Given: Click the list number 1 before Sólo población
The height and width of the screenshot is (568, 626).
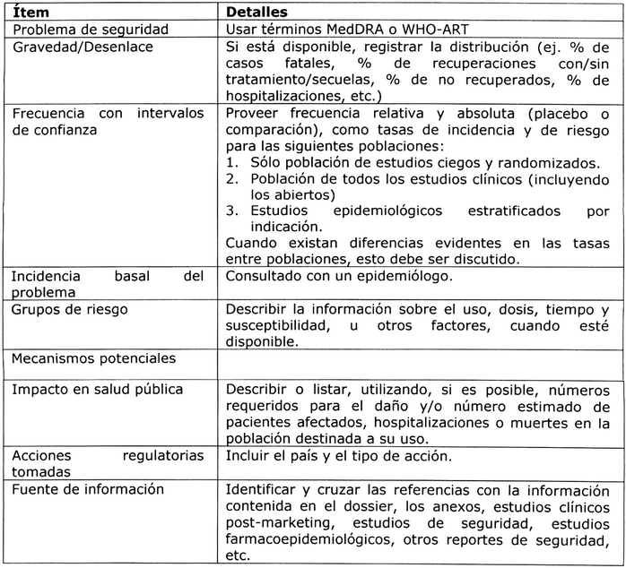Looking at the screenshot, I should tap(230, 162).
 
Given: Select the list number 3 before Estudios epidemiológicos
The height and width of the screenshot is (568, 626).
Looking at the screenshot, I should tap(230, 211).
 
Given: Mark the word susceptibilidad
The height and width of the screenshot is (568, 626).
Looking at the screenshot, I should tap(277, 326).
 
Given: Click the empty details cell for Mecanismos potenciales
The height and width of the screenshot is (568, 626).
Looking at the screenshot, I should tap(422, 362).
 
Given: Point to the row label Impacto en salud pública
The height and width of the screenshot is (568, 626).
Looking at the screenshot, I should tap(97, 390).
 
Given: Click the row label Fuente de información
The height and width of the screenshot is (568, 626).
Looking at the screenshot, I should tap(87, 489).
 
